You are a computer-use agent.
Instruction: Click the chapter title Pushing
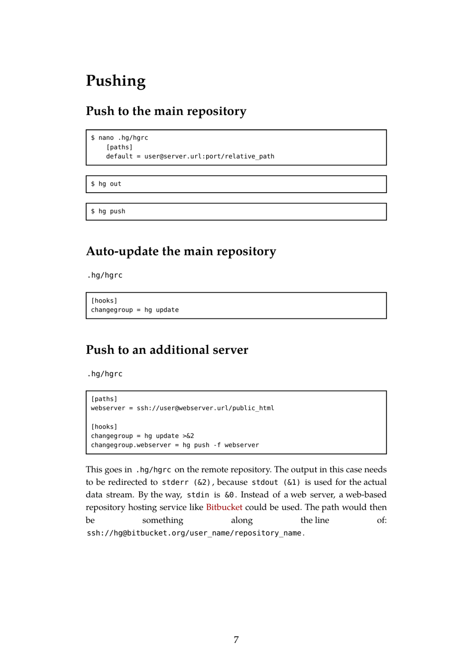click(x=116, y=81)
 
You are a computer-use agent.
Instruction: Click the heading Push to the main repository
click(x=166, y=111)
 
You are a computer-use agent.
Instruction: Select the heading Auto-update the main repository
click(x=181, y=251)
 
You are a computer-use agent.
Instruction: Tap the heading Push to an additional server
click(x=167, y=350)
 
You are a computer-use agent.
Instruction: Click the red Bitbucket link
click(x=224, y=507)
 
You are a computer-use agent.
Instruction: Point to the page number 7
click(x=236, y=640)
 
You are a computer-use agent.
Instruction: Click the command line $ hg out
click(x=106, y=184)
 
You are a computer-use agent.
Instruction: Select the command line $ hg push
click(x=108, y=212)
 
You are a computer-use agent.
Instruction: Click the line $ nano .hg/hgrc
click(x=119, y=138)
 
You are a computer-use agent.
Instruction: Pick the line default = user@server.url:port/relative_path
click(x=190, y=156)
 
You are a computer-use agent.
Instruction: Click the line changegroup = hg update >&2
click(x=142, y=436)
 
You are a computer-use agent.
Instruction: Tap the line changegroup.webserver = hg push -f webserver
click(x=175, y=445)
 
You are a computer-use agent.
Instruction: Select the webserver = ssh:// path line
click(x=182, y=408)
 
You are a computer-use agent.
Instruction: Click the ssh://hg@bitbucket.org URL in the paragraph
click(x=195, y=533)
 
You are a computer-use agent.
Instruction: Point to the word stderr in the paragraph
click(x=175, y=482)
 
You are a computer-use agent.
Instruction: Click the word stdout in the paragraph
click(x=264, y=482)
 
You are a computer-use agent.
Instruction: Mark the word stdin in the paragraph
click(x=198, y=495)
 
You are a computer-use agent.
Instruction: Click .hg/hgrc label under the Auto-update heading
click(x=105, y=275)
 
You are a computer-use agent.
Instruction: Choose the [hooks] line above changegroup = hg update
click(x=104, y=301)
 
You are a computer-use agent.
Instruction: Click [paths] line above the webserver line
click(x=104, y=399)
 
